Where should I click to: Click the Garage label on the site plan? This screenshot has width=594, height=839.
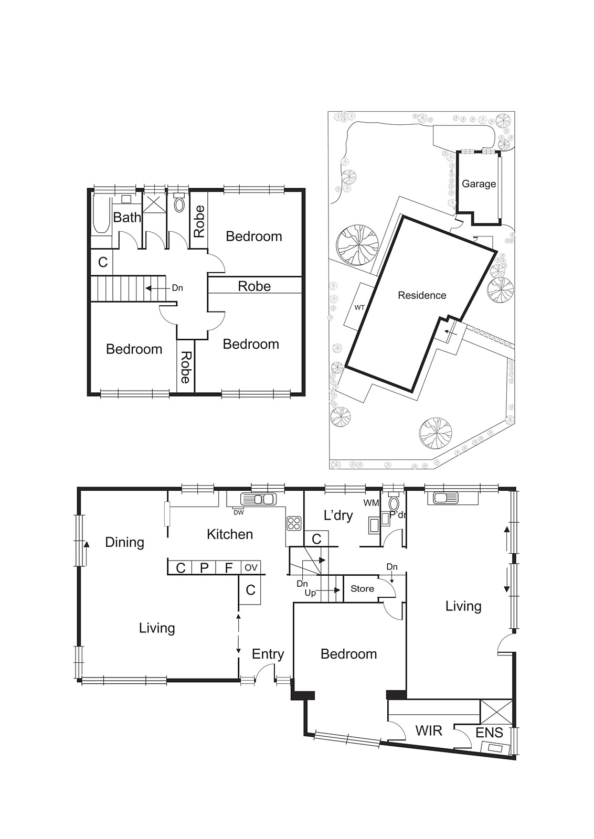point(479,184)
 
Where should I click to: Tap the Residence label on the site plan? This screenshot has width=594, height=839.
point(422,295)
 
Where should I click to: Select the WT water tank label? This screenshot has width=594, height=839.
point(359,307)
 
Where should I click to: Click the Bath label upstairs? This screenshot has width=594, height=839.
point(128,217)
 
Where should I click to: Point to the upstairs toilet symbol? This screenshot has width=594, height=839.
point(179,203)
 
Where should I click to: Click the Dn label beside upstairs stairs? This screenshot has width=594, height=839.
point(177,288)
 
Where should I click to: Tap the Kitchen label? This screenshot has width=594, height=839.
point(230,534)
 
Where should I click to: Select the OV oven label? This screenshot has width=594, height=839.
point(251,567)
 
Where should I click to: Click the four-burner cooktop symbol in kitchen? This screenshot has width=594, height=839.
point(294,523)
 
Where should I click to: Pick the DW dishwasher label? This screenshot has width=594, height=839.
point(238,512)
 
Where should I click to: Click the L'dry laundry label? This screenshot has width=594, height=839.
point(338,515)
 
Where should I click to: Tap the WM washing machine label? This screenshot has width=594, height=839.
point(371,503)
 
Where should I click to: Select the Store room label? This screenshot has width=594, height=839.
point(362,589)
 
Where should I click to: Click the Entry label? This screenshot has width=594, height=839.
point(268,654)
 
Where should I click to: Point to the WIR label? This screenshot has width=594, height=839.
point(429,730)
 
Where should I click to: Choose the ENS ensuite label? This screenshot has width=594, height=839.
point(489,733)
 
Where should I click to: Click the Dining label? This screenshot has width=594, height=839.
point(124,542)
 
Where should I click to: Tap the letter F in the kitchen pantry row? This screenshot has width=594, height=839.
point(228,568)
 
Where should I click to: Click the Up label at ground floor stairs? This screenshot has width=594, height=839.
point(310,593)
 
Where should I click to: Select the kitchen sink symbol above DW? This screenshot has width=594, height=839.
point(257,499)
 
